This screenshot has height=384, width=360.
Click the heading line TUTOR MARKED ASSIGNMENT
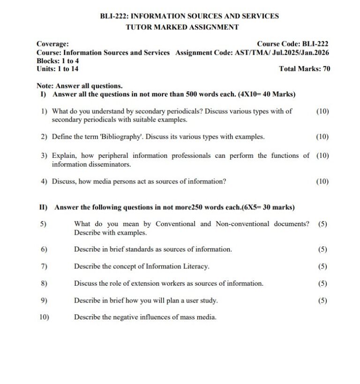coord(182,27)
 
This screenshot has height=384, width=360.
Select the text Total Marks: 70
coord(304,69)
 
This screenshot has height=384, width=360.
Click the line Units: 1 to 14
coord(58,69)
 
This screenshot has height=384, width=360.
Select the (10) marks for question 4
coord(322,181)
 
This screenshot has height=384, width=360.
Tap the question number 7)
coord(44,266)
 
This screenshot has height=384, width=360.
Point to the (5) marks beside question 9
coord(322,300)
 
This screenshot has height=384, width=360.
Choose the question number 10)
coord(44,317)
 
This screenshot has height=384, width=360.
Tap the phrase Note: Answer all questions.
coord(80,86)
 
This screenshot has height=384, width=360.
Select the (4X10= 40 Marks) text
coord(267,94)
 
